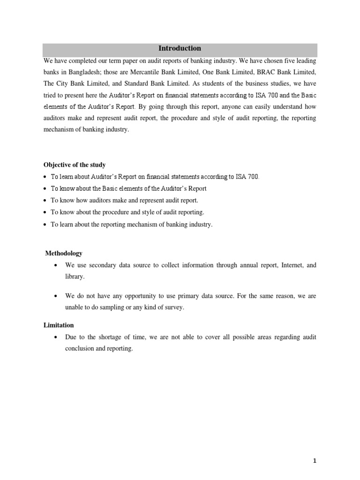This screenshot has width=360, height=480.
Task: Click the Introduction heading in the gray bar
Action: point(180,48)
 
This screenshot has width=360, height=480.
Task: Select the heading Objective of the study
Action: point(75,165)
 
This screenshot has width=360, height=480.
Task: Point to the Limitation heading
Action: point(59,325)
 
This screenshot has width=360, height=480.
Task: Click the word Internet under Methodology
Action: point(293,265)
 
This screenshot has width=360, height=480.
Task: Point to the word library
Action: point(75,277)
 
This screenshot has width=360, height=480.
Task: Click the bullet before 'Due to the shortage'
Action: point(56,337)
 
